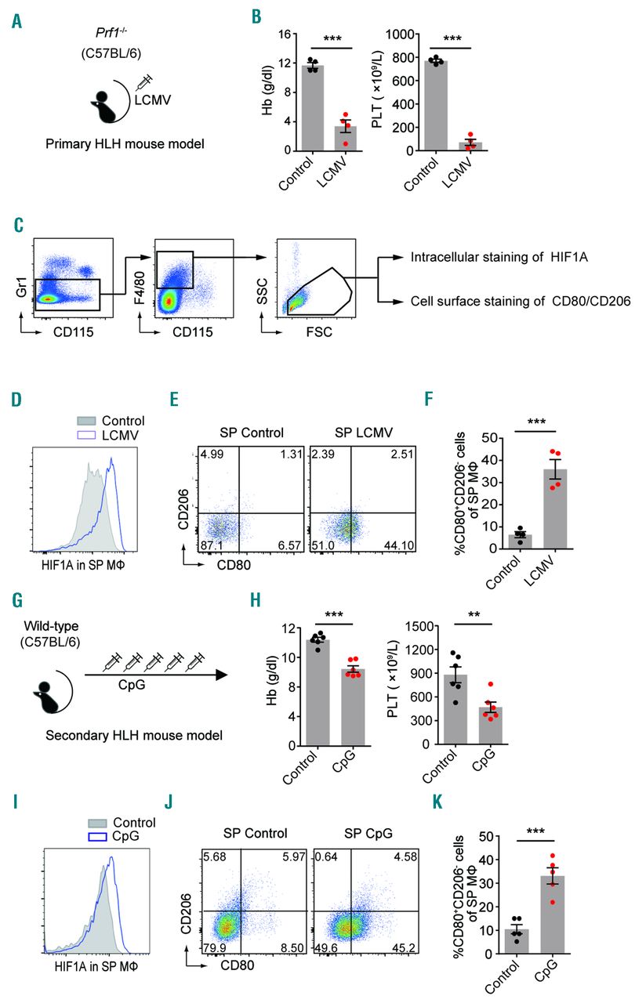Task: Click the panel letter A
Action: tap(17, 21)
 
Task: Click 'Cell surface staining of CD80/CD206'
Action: tap(509, 300)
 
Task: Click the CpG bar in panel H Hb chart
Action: tap(355, 706)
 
